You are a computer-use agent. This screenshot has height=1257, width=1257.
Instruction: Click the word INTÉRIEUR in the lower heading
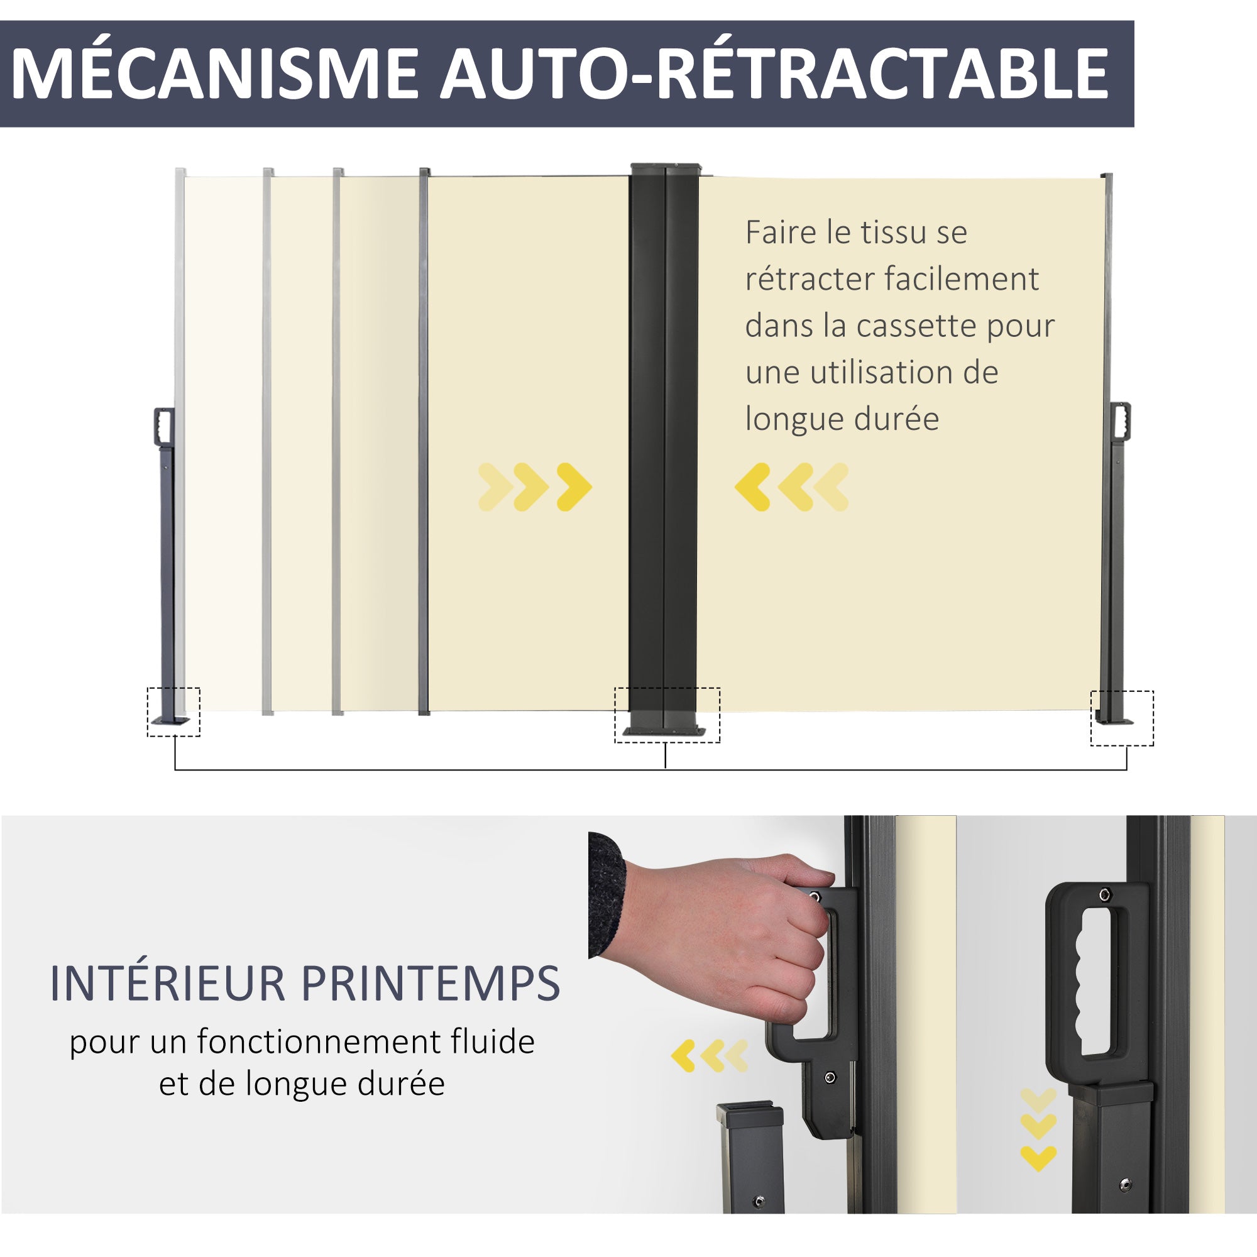[168, 983]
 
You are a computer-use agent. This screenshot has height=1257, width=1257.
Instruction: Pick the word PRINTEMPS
[431, 983]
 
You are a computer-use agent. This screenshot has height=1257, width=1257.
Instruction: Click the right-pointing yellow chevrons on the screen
[535, 486]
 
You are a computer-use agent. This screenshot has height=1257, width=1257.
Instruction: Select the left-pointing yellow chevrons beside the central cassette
[792, 486]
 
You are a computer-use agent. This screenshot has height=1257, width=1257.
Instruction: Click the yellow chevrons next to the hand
[710, 1056]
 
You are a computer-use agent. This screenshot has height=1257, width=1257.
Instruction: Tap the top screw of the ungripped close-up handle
[1104, 894]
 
